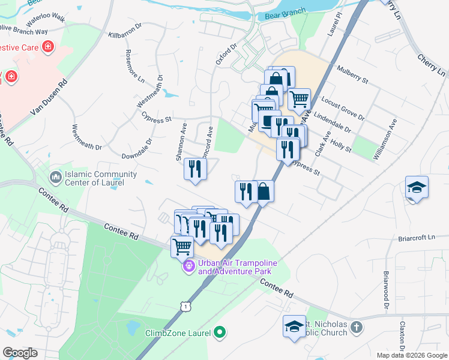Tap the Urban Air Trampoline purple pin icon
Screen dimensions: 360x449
tap(188, 265)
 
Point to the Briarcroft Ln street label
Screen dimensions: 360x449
tap(415, 238)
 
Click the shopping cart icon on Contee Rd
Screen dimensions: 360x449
tap(182, 245)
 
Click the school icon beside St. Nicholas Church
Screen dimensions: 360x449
tap(294, 326)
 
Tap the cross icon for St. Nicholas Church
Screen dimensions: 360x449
tap(357, 328)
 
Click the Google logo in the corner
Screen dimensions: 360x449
tap(20, 353)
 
